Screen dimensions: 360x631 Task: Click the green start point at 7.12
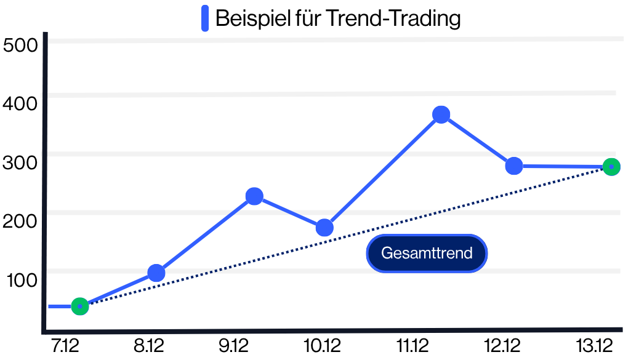(x=80, y=306)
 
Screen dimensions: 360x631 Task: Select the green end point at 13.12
(x=611, y=167)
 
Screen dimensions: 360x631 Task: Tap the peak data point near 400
(x=441, y=114)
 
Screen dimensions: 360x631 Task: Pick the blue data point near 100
(x=156, y=273)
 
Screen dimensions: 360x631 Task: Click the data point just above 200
(x=254, y=196)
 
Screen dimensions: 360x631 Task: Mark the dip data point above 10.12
(x=324, y=228)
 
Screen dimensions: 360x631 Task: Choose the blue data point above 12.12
(x=514, y=166)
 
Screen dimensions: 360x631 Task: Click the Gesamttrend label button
(x=427, y=253)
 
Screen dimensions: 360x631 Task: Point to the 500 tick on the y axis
(x=20, y=46)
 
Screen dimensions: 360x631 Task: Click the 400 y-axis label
(x=20, y=104)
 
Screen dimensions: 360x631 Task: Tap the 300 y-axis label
(x=20, y=162)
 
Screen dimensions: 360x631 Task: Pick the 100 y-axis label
(x=22, y=280)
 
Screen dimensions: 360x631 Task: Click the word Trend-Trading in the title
(x=392, y=18)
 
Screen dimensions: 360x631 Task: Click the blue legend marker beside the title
(x=205, y=18)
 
